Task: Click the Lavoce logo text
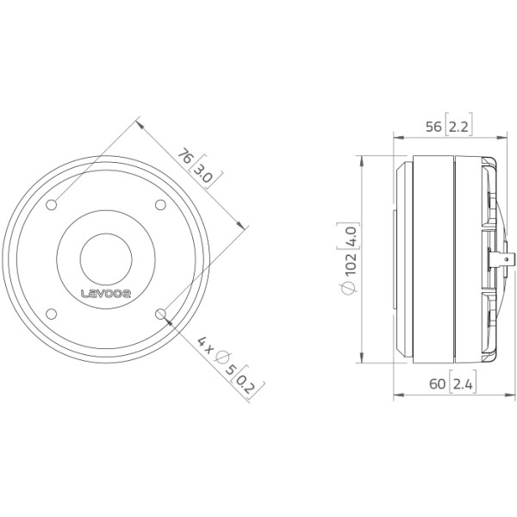pos(106,293)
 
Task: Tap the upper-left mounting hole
pos(51,205)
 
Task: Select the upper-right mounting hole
pos(160,205)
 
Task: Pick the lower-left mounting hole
pos(51,314)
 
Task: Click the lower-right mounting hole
pos(160,314)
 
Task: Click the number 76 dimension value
pos(184,156)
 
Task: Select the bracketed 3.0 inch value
pos(205,171)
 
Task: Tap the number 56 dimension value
pos(433,127)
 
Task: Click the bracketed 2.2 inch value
pos(458,125)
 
